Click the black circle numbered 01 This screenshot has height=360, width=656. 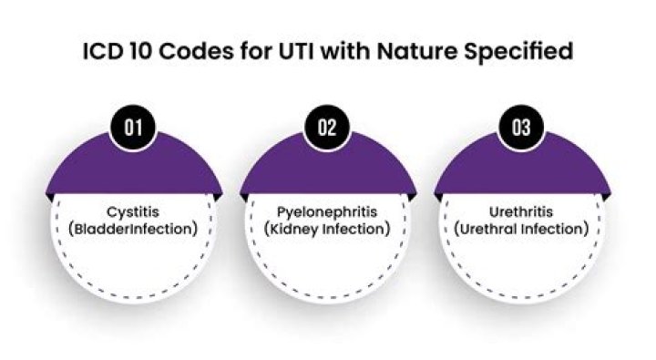point(133,128)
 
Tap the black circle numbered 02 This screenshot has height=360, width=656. point(327,128)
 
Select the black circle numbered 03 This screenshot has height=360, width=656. point(521,128)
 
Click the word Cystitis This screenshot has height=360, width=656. point(133,211)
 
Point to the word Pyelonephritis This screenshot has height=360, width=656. point(327,212)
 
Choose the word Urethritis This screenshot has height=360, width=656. point(521,211)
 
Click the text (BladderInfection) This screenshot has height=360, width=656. point(133,229)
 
